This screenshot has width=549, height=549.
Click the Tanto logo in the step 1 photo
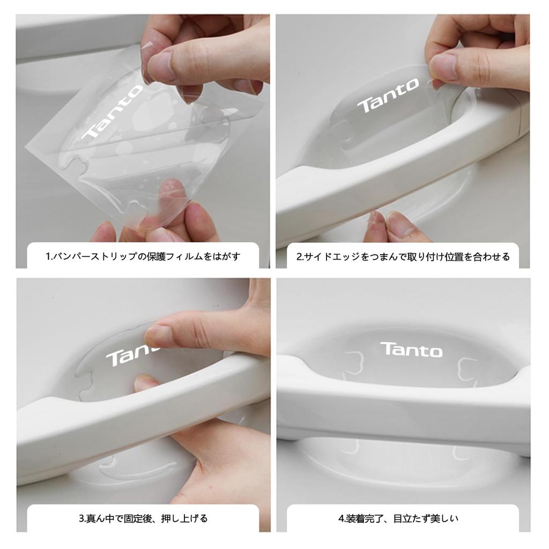pyautogui.click(x=113, y=118)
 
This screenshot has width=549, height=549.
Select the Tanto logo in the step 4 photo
pyautogui.click(x=412, y=350)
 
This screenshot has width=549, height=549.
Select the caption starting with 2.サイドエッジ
pyautogui.click(x=403, y=256)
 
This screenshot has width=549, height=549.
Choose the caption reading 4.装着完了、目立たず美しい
pyautogui.click(x=398, y=518)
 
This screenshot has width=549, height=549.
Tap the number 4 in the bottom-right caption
pyautogui.click(x=341, y=518)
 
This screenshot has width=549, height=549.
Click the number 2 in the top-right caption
pyautogui.click(x=300, y=256)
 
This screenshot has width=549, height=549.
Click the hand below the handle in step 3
pyautogui.click(x=225, y=461)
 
